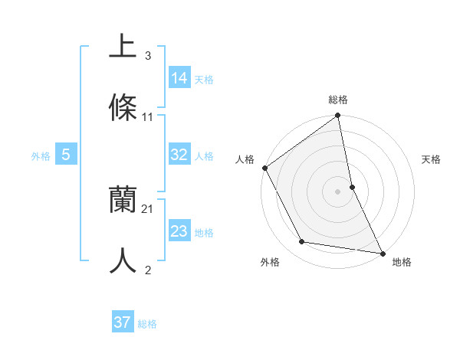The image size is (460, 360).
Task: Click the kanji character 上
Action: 123,46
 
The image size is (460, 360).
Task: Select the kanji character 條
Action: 123,108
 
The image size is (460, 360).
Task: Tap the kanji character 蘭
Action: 123,201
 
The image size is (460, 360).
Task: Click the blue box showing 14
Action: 179,78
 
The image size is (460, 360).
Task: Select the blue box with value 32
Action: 179,155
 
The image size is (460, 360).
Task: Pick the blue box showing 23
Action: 179,231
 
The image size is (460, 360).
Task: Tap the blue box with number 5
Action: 66,155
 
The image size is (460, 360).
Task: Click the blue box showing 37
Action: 123,322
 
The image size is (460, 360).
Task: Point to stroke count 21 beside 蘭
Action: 148,208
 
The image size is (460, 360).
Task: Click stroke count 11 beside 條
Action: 148,117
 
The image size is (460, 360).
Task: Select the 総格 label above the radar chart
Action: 338,100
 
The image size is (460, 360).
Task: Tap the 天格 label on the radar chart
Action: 431,159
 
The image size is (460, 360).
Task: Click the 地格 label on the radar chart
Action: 402,263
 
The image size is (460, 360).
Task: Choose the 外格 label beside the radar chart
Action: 270,263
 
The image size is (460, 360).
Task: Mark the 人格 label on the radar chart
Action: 245,159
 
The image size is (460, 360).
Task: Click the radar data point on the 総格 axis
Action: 338,116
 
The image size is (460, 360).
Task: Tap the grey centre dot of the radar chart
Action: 338,191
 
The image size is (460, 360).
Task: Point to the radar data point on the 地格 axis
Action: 382,252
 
